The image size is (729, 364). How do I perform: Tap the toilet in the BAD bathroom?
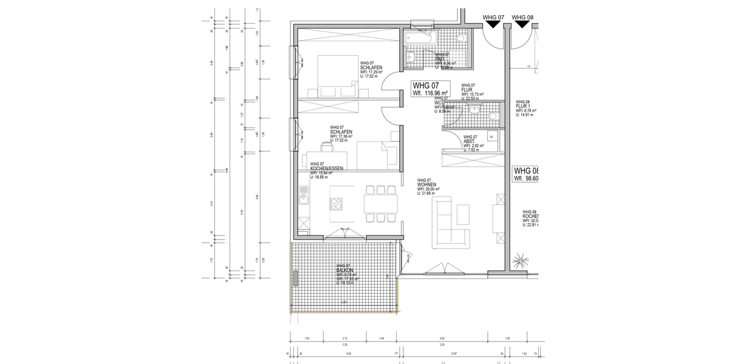pos(461,38)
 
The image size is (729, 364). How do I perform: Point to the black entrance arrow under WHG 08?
pos(522,24)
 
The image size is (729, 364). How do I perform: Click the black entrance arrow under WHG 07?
pos(492,24)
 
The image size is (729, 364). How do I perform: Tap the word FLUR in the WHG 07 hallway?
pos(467,90)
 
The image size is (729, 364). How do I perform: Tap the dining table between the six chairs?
pos(380,204)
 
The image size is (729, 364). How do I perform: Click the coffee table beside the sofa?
pos(463,214)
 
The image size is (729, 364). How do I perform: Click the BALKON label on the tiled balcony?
pos(345,271)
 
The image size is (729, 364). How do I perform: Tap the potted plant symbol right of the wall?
pos(521,262)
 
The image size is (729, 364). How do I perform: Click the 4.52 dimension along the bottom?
pos(443,339)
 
